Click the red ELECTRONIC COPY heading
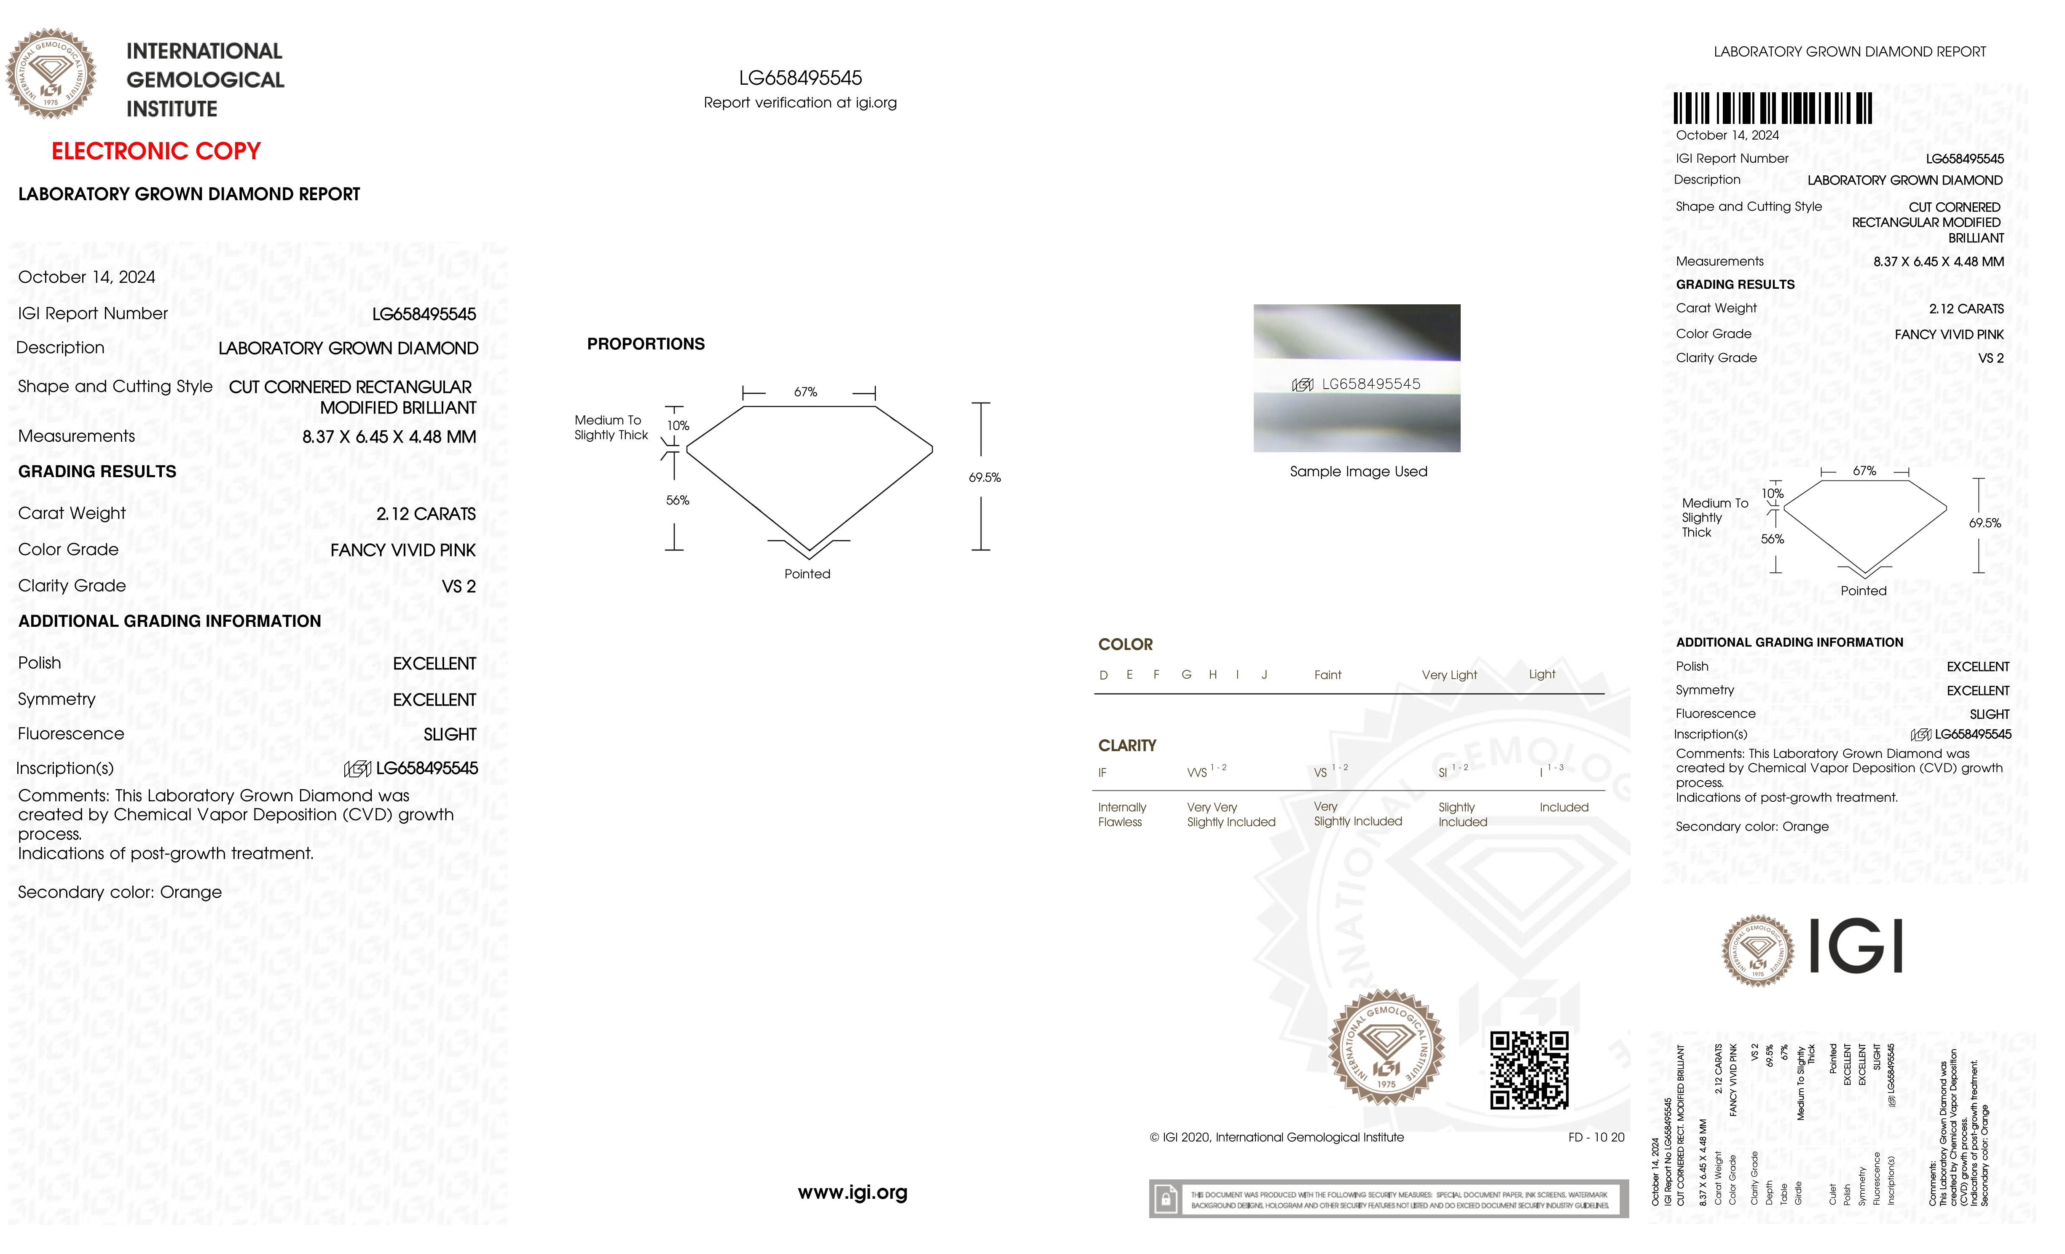tap(156, 152)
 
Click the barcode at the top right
tap(1773, 108)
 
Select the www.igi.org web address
tap(852, 1192)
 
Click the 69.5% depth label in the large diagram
tap(985, 477)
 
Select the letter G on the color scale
tap(1186, 675)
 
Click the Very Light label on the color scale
tap(1449, 675)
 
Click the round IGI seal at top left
tap(51, 74)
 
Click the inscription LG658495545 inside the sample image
tap(1370, 384)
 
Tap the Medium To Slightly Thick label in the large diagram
tap(611, 427)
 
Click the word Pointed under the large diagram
tap(807, 574)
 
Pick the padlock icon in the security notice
tap(1165, 1200)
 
